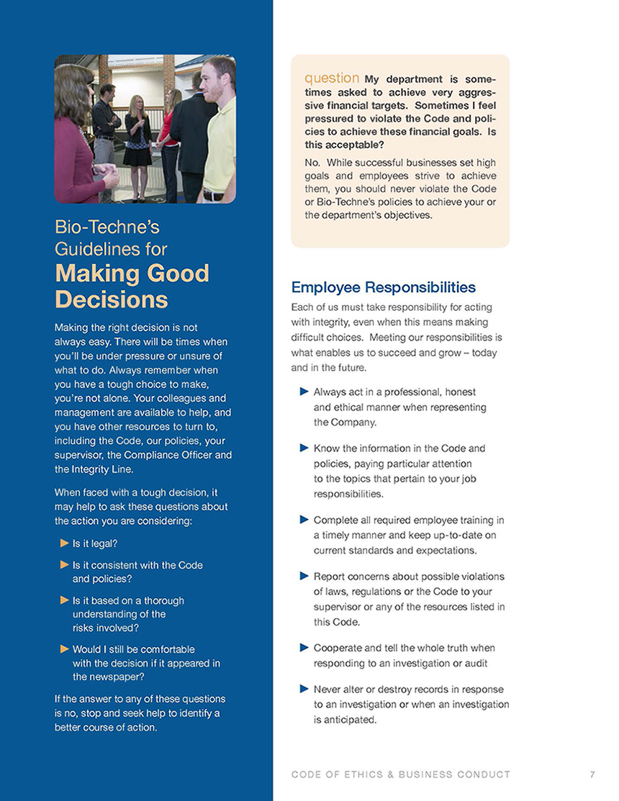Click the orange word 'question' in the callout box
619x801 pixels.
(332, 78)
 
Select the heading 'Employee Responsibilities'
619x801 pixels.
(383, 288)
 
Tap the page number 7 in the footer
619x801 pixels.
(592, 774)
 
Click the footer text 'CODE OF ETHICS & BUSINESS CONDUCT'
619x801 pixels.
(401, 774)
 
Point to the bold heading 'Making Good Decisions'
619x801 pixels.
(132, 286)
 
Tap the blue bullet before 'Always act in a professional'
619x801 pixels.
(304, 392)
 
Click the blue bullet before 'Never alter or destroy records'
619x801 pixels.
(304, 689)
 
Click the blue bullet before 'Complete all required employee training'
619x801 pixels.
(304, 520)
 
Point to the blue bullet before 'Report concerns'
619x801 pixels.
(304, 576)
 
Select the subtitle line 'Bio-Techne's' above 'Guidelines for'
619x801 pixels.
(107, 227)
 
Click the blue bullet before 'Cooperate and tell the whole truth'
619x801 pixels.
(304, 648)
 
